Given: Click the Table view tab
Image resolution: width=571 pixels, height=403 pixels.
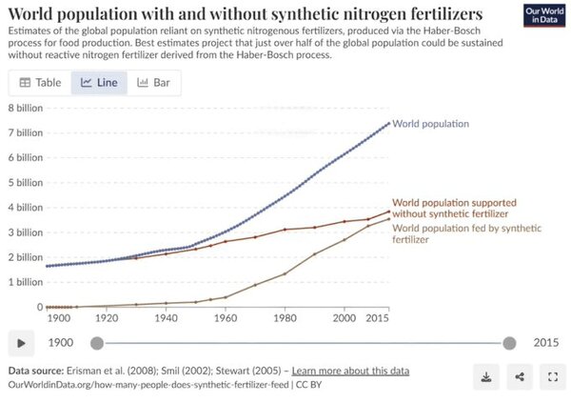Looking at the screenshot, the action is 40,83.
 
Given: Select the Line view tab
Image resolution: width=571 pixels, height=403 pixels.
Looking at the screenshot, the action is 99,83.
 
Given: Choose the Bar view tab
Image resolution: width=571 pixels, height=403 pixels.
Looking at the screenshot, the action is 153,83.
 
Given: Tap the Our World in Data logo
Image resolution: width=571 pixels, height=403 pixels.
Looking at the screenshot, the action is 544,15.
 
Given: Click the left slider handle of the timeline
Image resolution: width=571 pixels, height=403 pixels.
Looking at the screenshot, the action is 97,343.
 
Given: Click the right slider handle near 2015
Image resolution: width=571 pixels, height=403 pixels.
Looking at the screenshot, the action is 509,343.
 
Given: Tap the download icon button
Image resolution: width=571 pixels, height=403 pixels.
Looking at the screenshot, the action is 486,376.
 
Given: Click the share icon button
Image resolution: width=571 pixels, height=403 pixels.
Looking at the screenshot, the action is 520,376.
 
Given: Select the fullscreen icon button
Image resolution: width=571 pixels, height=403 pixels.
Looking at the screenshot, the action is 553,376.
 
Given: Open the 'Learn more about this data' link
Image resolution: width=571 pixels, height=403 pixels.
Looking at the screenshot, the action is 350,371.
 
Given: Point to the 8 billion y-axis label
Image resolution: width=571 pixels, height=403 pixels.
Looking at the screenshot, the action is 26,108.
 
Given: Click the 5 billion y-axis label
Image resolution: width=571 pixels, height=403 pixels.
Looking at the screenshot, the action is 26,182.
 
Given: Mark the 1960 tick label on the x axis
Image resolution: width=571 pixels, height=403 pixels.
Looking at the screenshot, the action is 226,318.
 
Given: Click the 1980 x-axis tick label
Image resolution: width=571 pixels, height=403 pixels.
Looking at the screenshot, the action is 285,318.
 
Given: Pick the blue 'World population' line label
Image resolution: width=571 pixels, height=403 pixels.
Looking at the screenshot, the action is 430,124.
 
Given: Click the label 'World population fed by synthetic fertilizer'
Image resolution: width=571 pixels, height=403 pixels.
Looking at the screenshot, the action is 467,233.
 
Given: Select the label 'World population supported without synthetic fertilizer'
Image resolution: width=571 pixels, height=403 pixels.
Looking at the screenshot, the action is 454,208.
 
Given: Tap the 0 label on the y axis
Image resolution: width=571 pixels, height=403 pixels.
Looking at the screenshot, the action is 40,307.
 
